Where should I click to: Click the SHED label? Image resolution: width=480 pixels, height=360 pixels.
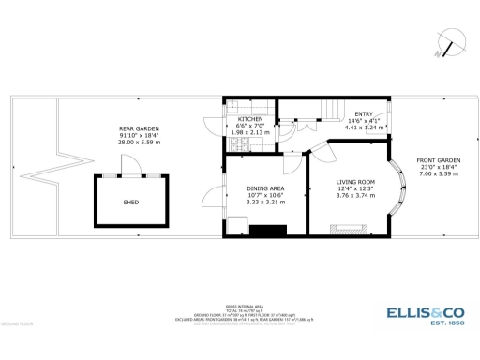(131, 202)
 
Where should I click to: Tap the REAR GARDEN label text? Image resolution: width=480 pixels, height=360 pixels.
(138, 128)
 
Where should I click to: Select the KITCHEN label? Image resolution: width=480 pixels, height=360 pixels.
(250, 119)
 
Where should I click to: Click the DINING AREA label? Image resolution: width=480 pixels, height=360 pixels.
(265, 187)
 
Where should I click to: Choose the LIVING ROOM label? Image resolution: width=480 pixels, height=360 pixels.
(355, 181)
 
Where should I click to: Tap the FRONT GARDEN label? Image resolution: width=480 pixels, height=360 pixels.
(436, 160)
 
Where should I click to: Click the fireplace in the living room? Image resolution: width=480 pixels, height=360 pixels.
(346, 226)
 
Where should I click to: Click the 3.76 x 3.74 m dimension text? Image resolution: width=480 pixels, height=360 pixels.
(355, 196)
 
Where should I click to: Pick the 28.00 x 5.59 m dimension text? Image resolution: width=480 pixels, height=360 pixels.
(138, 143)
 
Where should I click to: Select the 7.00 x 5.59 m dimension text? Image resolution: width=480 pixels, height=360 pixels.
(436, 174)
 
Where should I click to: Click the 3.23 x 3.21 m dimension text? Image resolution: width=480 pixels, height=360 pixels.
(265, 202)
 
